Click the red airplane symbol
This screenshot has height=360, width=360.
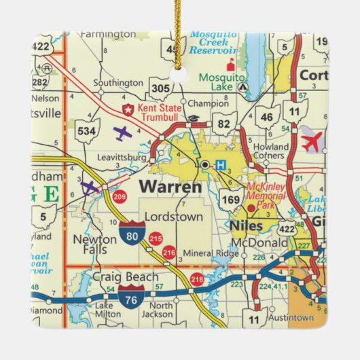click(x=311, y=143)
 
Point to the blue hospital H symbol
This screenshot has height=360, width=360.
click(x=220, y=164)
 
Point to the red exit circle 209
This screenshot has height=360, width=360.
click(x=120, y=198)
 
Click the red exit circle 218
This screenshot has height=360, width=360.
click(x=197, y=279)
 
